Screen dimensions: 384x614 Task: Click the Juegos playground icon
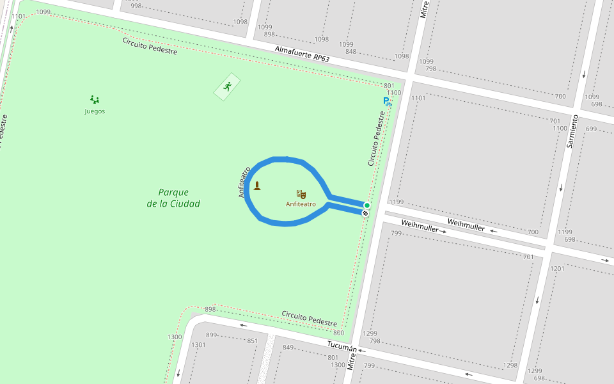coord(95,99)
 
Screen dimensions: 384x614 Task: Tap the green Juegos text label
coord(95,111)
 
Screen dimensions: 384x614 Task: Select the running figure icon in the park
coord(227,86)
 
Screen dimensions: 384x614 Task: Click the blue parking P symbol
coord(386,101)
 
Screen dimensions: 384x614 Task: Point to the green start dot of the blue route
coord(366,205)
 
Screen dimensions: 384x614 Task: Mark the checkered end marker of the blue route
coord(365,213)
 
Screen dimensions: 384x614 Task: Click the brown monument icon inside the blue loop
coord(257,186)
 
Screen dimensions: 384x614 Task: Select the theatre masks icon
coord(301,194)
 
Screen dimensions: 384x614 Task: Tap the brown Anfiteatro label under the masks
coord(301,205)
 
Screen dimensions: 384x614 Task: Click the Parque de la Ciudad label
coord(173,198)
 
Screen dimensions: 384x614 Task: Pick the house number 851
coord(253,341)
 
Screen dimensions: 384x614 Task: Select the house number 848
coord(350,52)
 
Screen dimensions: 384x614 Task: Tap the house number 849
coord(288,348)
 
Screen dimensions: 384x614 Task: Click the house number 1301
coord(199,345)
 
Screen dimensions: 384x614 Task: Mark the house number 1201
coord(558,269)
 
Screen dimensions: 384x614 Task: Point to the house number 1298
coord(510,365)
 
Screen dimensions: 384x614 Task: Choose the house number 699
coord(591,129)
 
